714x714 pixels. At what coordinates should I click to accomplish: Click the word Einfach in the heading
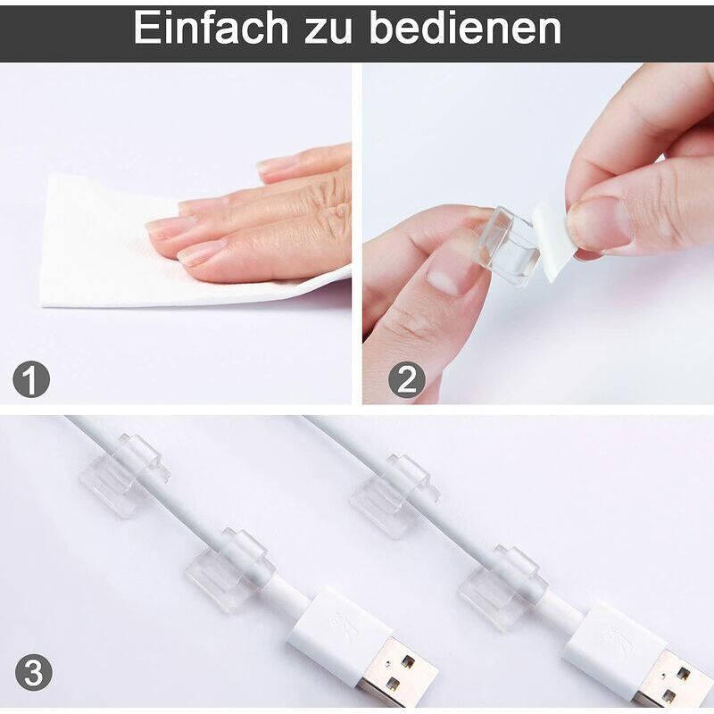tap(212, 29)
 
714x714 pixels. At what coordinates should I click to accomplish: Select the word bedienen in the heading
tap(465, 29)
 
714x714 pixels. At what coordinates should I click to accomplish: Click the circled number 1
tap(31, 381)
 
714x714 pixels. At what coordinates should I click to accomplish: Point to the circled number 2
tap(406, 381)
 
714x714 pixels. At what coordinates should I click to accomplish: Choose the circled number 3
tap(33, 672)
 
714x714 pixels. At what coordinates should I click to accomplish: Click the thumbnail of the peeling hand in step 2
tap(600, 223)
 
